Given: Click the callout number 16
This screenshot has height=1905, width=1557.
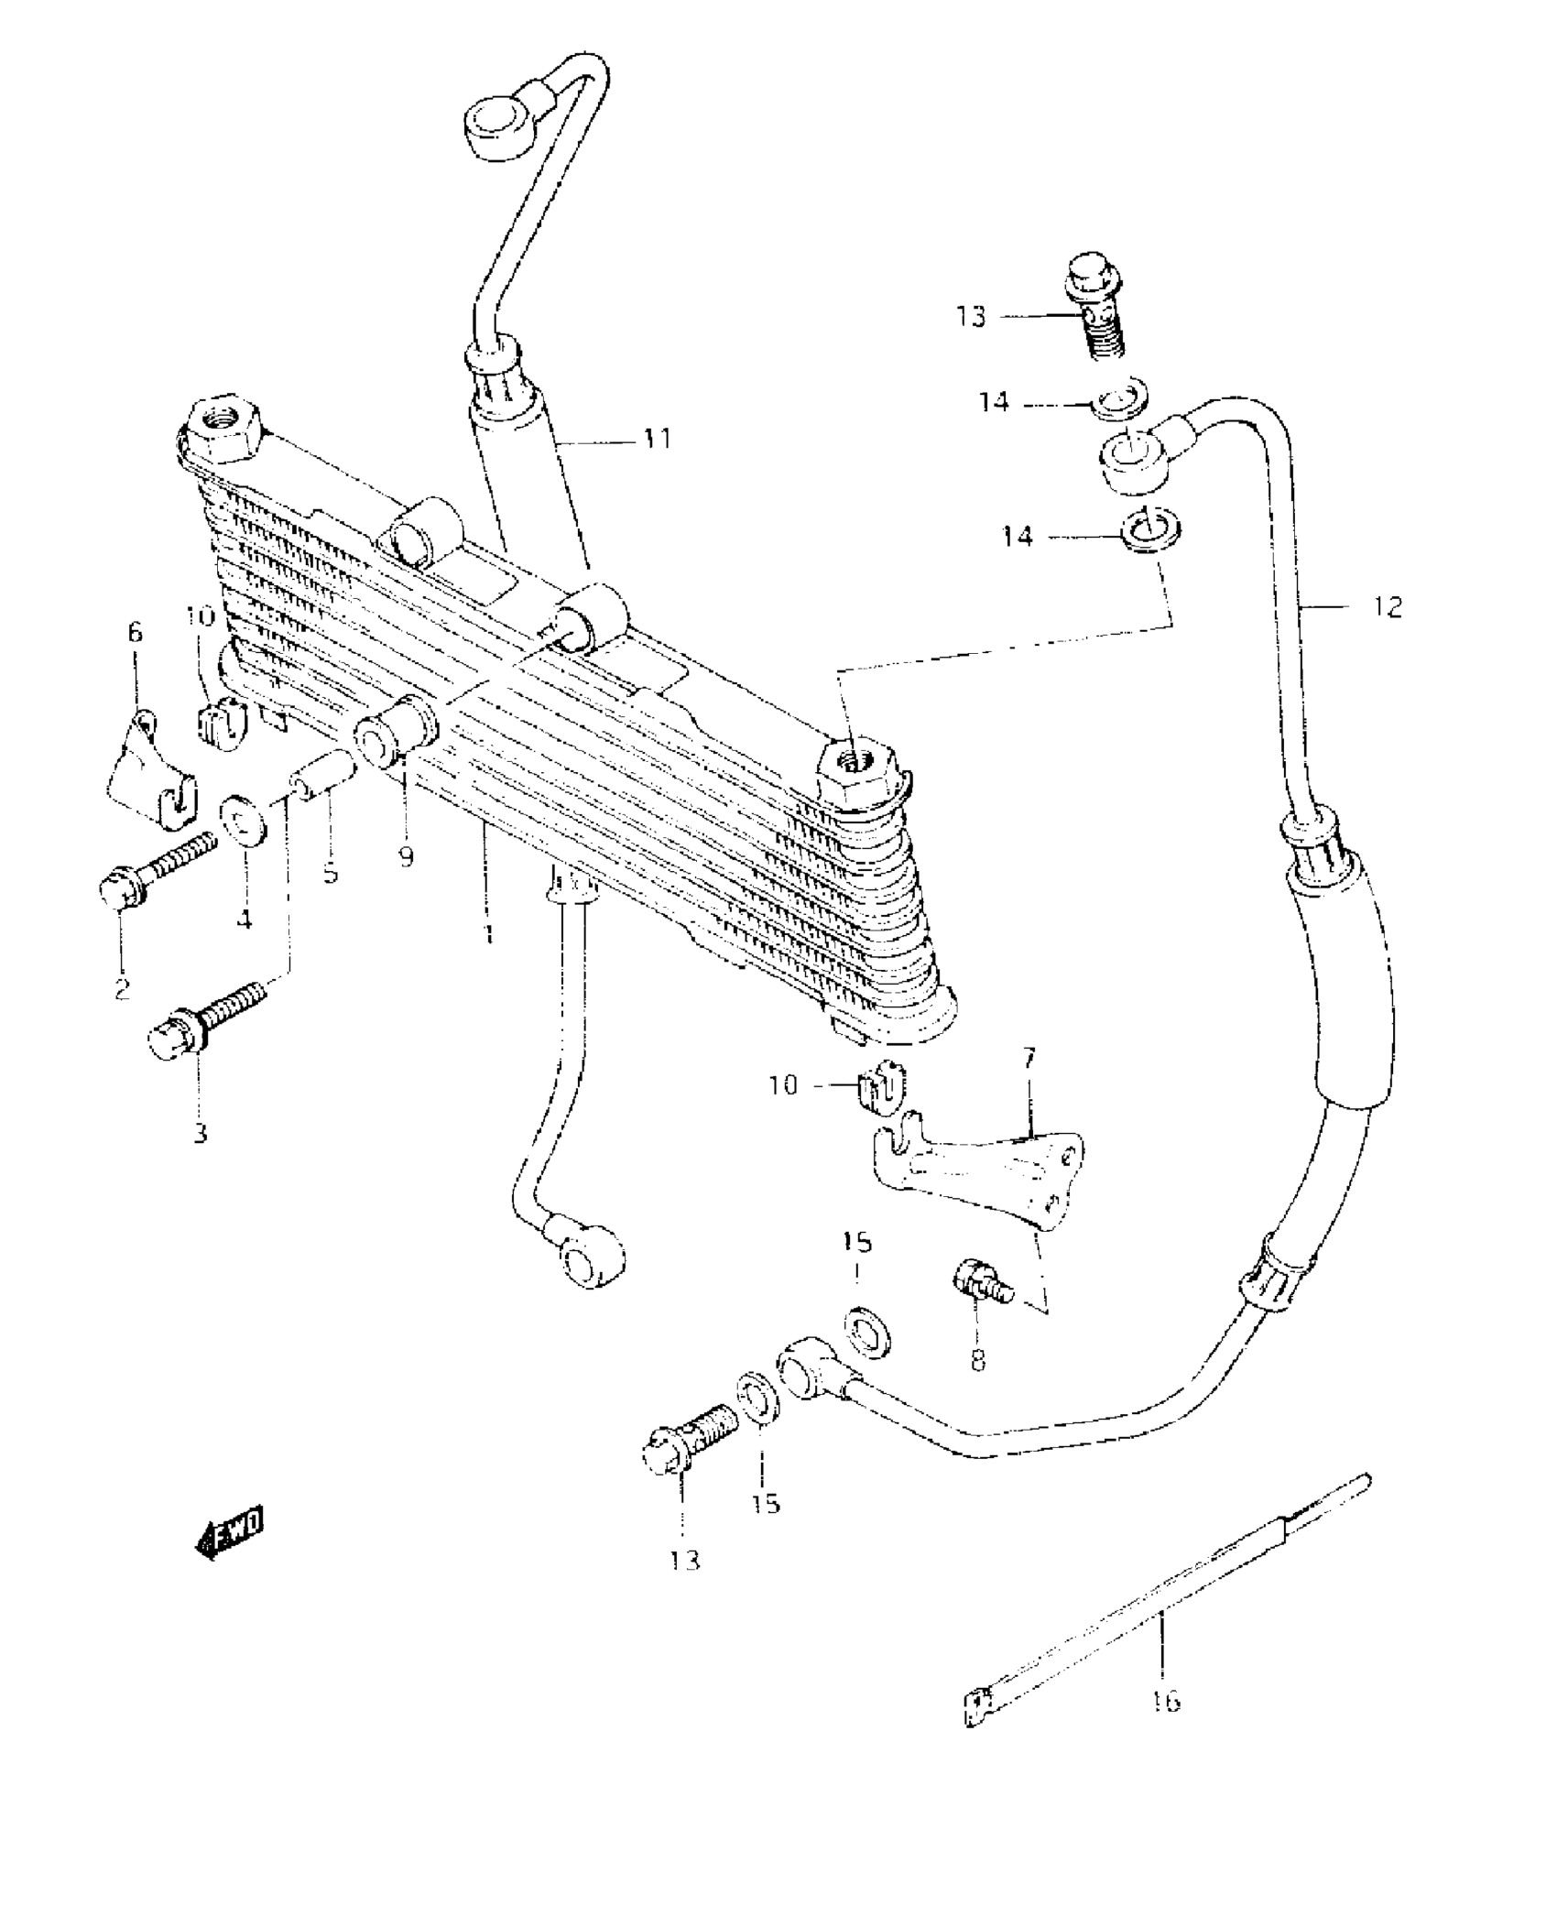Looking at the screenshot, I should [1166, 1701].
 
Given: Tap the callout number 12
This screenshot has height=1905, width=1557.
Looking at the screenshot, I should [1388, 607].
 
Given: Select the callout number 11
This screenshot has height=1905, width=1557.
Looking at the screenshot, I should [656, 439].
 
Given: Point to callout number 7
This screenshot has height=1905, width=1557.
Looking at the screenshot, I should [1029, 1060].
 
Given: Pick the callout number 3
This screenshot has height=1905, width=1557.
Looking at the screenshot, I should [200, 1133].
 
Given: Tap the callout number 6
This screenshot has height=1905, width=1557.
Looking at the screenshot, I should [136, 632].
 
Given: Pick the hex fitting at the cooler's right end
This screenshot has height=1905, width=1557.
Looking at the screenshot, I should [859, 771].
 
